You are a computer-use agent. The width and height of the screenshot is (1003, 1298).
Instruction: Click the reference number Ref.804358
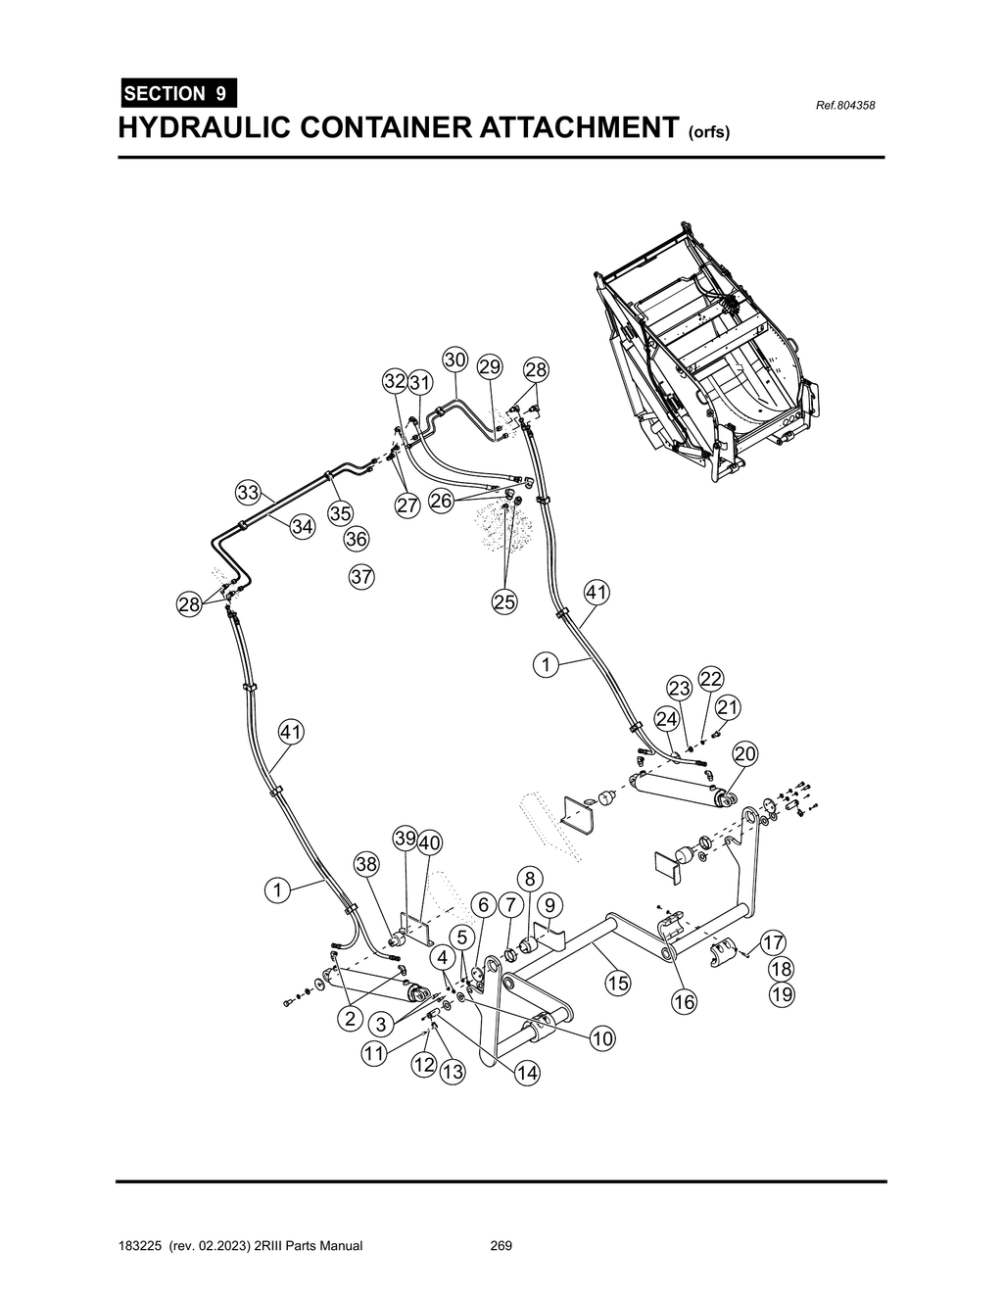[x=845, y=105]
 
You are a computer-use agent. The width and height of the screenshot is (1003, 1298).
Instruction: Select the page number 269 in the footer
[x=501, y=1246]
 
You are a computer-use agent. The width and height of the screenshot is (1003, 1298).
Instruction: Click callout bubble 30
[x=454, y=360]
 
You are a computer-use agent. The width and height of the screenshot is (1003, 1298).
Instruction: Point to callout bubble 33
[x=248, y=492]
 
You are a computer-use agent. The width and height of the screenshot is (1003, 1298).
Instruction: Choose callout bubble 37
[x=361, y=577]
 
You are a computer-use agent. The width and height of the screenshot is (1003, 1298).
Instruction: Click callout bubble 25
[x=504, y=602]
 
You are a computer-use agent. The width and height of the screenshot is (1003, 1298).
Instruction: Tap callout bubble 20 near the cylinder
[x=745, y=753]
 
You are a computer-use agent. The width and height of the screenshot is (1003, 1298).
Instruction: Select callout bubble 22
[x=711, y=679]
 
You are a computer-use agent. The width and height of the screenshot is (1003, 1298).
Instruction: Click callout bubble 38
[x=366, y=864]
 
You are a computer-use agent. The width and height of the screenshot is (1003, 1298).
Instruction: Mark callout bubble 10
[x=602, y=1037]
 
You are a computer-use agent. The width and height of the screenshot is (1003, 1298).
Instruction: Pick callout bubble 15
[x=617, y=983]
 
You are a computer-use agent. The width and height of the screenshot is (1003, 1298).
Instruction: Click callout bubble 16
[x=684, y=1001]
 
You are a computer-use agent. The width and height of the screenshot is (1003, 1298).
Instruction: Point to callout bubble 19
[x=782, y=994]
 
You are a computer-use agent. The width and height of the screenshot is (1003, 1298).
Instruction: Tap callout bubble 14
[x=527, y=1073]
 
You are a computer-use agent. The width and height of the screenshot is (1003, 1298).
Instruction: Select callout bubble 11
[x=373, y=1054]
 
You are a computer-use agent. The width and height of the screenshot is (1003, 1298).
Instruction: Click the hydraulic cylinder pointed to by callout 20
[x=676, y=789]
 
